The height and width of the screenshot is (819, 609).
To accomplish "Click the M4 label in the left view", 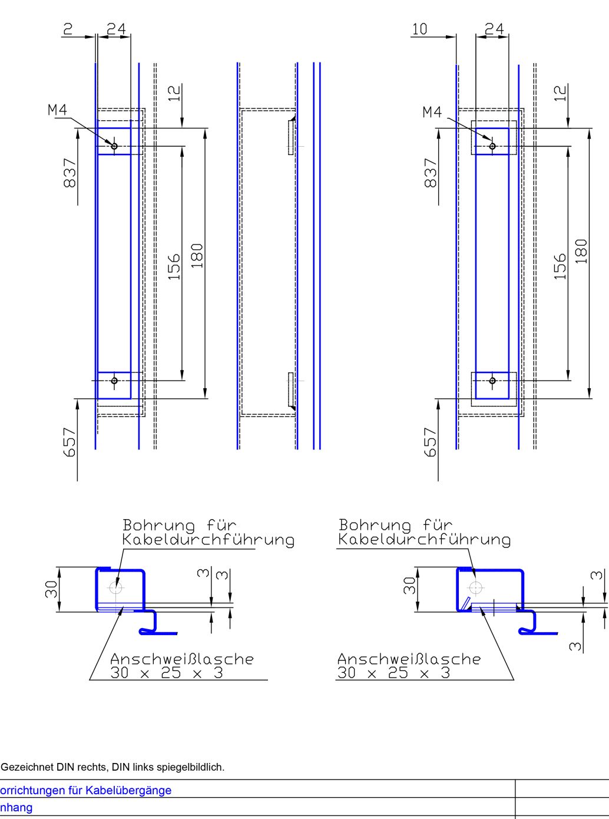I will [57, 110].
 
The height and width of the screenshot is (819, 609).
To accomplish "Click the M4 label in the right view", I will [432, 112].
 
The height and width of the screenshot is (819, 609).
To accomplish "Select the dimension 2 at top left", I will [68, 28].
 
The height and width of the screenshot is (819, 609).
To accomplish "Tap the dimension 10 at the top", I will [419, 28].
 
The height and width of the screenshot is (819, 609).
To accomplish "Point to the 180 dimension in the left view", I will [197, 256].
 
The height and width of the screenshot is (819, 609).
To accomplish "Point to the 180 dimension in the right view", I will [581, 251].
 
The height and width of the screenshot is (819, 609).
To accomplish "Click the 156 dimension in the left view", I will [174, 266].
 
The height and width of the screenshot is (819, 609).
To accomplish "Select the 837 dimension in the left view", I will [69, 173].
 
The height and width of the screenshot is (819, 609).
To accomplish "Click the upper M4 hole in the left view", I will [114, 146].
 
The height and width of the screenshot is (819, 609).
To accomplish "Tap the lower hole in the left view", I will [114, 381].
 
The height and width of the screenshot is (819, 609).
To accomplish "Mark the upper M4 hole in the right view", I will [492, 146].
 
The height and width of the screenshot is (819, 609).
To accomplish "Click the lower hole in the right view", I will [492, 381].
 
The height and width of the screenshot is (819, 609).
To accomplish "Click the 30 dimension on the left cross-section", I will [51, 589].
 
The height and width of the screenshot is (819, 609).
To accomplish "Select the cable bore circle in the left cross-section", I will [115, 588].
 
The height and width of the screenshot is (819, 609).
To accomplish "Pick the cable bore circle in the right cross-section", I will [475, 588].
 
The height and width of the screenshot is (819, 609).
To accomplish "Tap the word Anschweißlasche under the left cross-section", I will [181, 659].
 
